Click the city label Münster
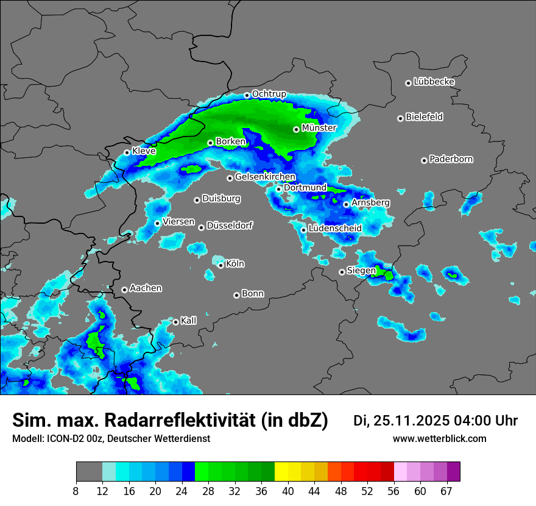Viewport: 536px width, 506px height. coord(319,128)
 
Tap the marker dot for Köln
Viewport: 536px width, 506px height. coord(221,265)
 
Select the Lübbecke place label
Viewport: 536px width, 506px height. coord(434,82)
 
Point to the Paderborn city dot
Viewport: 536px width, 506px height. coord(424,160)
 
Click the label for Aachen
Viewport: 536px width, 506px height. coord(146,288)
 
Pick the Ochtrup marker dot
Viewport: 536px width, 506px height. coord(247,95)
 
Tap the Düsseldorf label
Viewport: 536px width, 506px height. coord(230,226)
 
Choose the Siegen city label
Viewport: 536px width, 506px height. coord(361,271)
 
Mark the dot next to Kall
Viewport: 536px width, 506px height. coord(175,322)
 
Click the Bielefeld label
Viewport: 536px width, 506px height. coord(424,117)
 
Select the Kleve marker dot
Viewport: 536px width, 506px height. coord(127,152)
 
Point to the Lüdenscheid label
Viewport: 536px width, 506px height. coord(335,229)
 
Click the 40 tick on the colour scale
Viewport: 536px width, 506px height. coord(288,491)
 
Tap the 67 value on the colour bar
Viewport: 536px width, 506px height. coord(447,491)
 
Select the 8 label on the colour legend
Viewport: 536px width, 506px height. coord(76,491)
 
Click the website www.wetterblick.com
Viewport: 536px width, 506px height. coord(440,439)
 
